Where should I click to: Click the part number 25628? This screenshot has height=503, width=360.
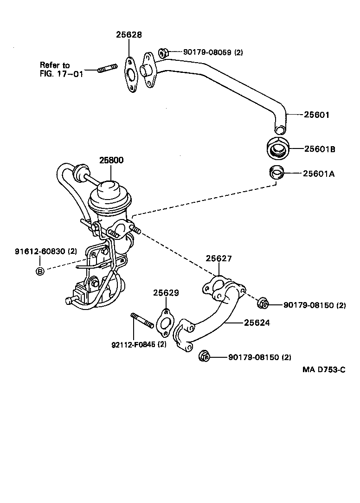tap(129, 35)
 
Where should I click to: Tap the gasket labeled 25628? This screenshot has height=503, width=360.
tap(131, 75)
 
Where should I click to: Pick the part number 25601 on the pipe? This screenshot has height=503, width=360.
tap(316, 115)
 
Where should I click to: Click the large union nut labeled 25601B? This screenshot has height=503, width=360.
tap(279, 148)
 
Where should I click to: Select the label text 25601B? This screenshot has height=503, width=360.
tap(320, 149)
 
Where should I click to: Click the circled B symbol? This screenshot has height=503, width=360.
tap(40, 271)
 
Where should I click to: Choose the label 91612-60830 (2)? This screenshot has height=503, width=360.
tap(45, 251)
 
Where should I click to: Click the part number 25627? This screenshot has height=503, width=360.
tap(219, 258)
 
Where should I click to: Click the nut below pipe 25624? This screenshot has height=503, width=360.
tap(204, 356)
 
